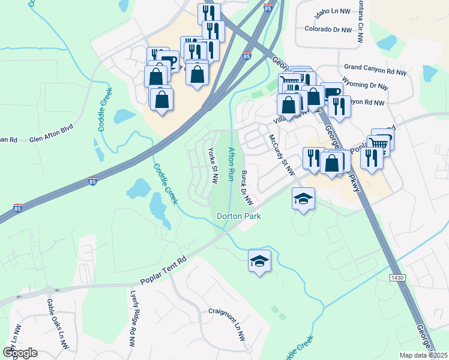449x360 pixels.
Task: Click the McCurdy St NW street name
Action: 282,155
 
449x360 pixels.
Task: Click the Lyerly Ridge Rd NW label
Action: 133,319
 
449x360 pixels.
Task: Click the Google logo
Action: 20,353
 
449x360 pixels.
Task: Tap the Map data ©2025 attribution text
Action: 423,355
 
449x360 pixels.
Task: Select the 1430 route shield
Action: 397,278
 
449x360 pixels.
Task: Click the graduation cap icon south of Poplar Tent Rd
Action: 260,261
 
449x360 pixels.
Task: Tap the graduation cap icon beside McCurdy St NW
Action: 304,198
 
